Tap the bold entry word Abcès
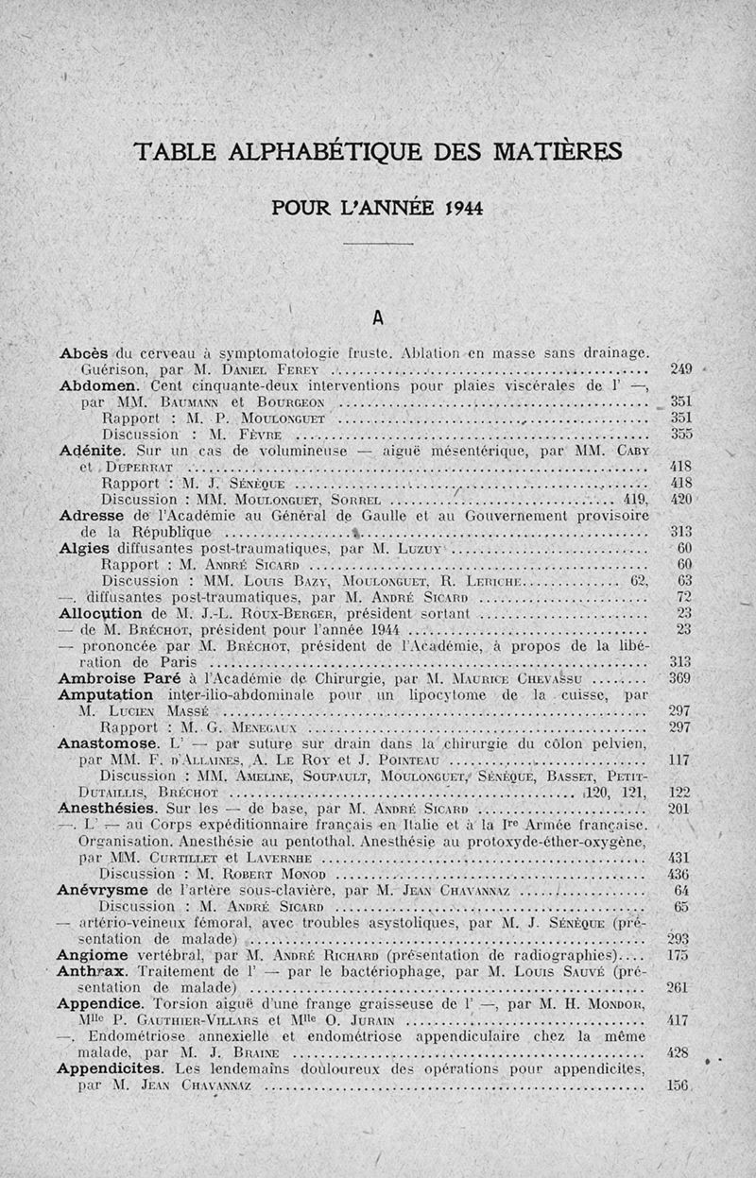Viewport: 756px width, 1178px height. click(85, 353)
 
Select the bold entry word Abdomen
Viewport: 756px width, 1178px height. click(99, 385)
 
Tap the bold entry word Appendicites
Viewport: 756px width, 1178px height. click(117, 1069)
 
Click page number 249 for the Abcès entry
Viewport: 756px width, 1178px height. click(681, 368)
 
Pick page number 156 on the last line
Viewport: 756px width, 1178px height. click(679, 1085)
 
